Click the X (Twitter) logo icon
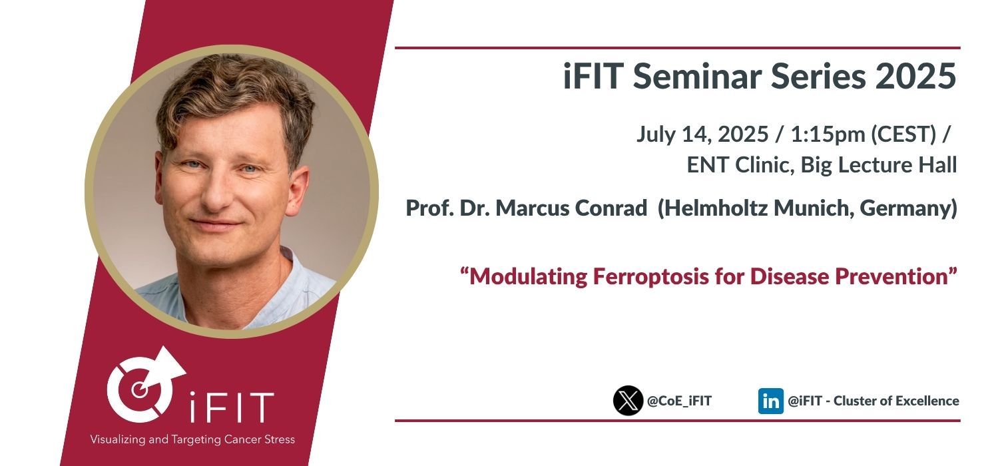tap(628, 400)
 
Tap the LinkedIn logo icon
tap(770, 401)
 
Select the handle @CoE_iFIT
tap(679, 401)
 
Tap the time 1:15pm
tap(828, 134)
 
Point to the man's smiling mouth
tap(216, 223)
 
